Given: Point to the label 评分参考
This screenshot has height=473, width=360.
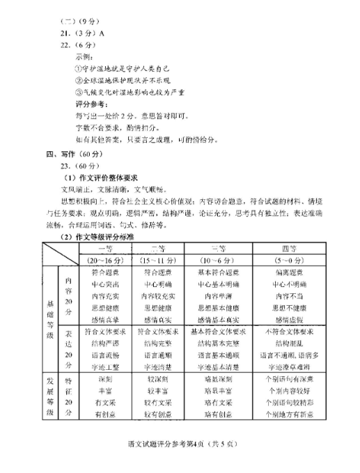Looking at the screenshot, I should coord(88,102).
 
